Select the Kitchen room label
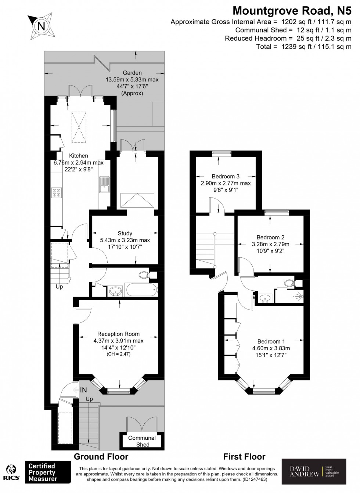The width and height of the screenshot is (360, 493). (x=79, y=156)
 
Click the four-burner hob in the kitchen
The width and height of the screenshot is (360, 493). (x=57, y=193)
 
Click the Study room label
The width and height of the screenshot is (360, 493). (x=125, y=233)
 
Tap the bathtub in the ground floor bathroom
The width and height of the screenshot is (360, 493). (x=141, y=290)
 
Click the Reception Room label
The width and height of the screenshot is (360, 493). (x=118, y=334)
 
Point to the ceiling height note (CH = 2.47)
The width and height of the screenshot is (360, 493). (x=118, y=354)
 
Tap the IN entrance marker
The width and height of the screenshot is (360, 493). (x=83, y=390)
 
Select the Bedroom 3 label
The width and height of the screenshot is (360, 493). (x=226, y=176)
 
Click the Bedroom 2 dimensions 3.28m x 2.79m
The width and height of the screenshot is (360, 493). (x=270, y=244)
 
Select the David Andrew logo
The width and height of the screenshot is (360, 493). (x=314, y=472)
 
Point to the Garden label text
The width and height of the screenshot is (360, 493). (x=132, y=73)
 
